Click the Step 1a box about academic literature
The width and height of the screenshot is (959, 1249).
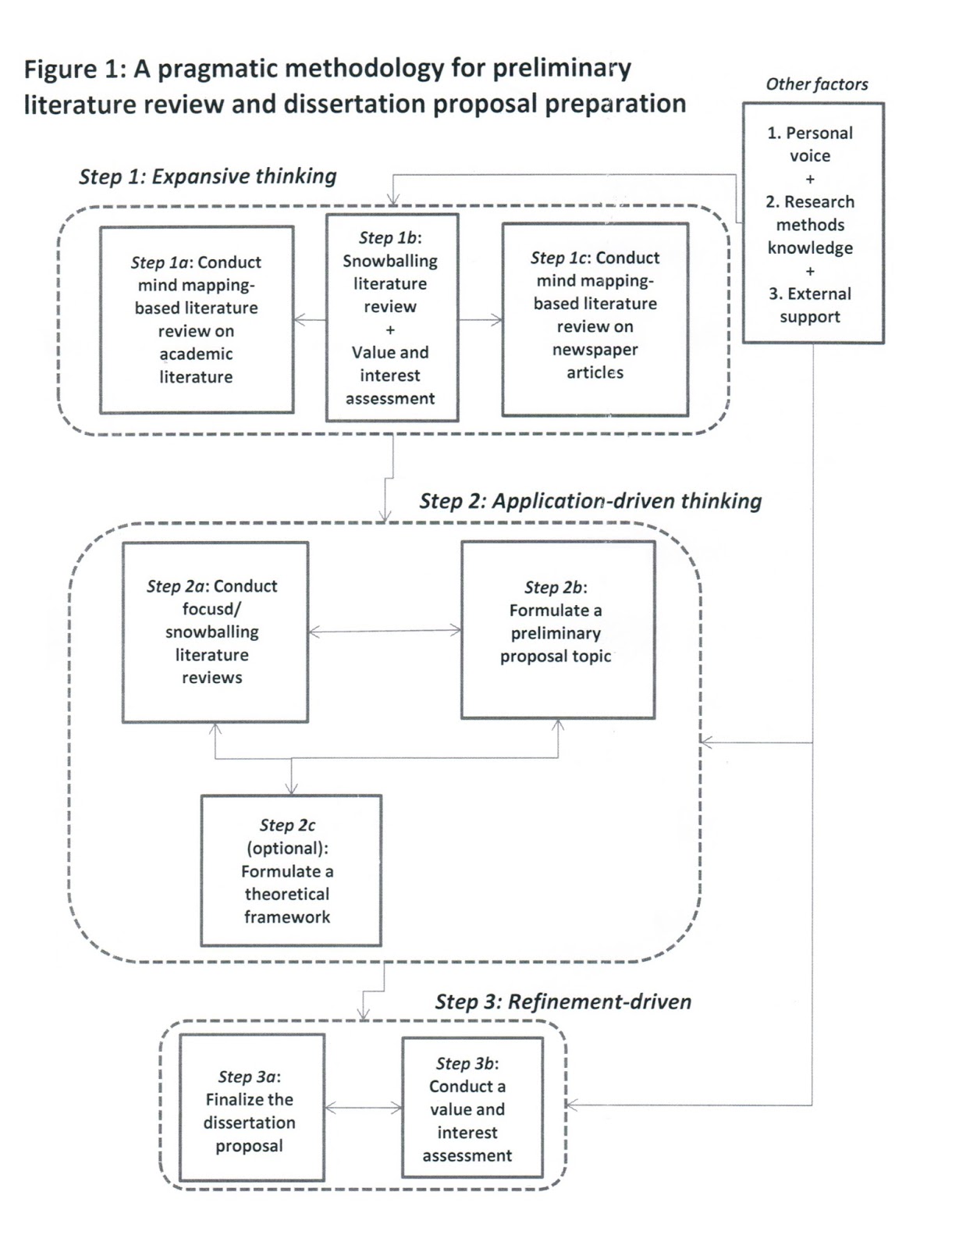[x=197, y=319]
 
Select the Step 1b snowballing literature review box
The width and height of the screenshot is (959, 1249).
[x=391, y=318]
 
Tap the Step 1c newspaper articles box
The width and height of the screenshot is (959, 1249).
[x=595, y=319]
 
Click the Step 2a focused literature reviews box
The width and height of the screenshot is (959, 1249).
[x=215, y=632]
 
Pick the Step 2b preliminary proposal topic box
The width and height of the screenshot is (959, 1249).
[x=557, y=629]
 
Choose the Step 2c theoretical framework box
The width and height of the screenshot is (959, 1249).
[x=290, y=870]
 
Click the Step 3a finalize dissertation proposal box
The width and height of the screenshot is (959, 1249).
[x=251, y=1107]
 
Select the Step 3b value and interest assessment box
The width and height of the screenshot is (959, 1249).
[x=471, y=1107]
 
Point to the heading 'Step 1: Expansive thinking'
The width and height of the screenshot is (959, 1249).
[x=208, y=176]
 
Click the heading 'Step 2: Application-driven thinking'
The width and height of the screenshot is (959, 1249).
[x=590, y=501]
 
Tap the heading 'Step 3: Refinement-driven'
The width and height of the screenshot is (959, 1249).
[x=563, y=1002]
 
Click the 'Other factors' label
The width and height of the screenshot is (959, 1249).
[x=816, y=84]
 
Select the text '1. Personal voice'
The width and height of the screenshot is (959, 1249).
[x=810, y=144]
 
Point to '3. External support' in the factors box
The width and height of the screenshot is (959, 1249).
[x=810, y=305]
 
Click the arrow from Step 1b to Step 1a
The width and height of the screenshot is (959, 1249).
[x=310, y=319]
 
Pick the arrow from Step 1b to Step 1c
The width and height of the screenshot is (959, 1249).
[x=481, y=319]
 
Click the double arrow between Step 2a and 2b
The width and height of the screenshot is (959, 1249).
[x=385, y=631]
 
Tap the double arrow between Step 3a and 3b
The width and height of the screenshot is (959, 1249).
[x=363, y=1107]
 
